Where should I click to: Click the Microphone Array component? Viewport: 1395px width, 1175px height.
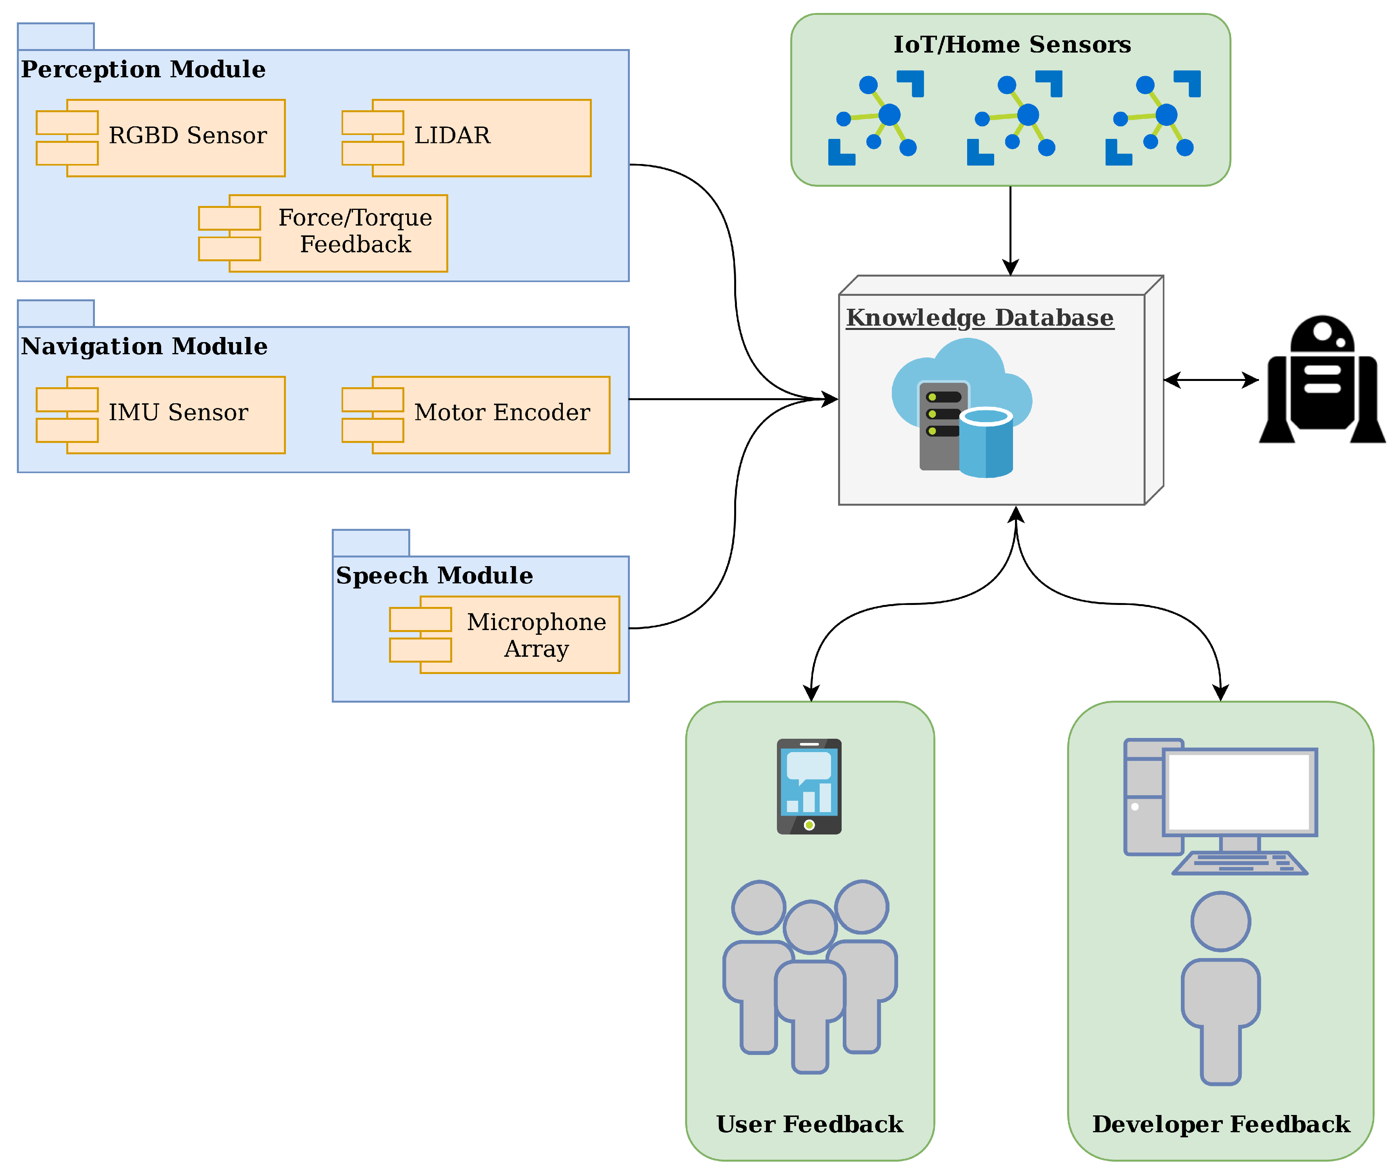[x=505, y=635]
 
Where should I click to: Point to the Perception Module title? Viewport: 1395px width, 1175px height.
[x=143, y=69]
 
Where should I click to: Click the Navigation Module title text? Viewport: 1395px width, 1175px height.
[x=144, y=346]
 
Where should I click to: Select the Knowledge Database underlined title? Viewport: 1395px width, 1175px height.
[x=980, y=319]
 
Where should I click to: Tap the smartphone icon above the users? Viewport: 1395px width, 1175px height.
[x=809, y=787]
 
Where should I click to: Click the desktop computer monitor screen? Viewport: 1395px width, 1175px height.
[x=1239, y=792]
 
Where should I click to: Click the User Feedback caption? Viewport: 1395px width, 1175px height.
[x=810, y=1124]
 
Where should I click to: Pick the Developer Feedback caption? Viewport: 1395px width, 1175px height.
[x=1221, y=1124]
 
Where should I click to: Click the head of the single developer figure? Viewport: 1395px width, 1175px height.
[x=1220, y=922]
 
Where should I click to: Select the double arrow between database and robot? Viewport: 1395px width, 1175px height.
[x=1211, y=380]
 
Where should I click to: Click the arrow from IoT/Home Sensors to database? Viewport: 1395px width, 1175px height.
[x=1011, y=230]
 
